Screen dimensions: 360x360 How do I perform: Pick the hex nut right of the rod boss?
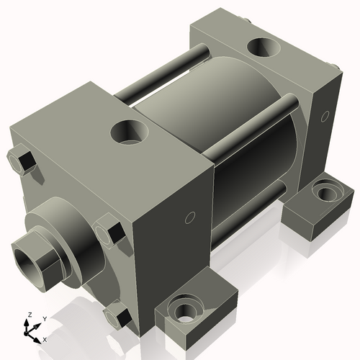(110, 229)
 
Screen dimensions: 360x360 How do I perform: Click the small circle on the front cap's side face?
(191, 217)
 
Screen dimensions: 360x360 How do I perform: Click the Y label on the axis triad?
(44, 318)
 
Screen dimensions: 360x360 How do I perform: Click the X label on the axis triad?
(45, 338)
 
